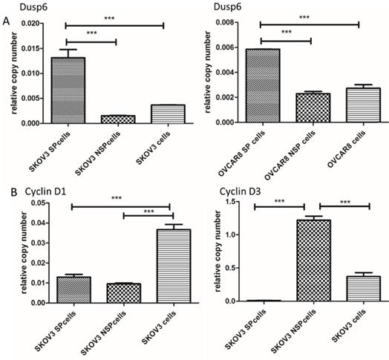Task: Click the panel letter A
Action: tap(6, 22)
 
